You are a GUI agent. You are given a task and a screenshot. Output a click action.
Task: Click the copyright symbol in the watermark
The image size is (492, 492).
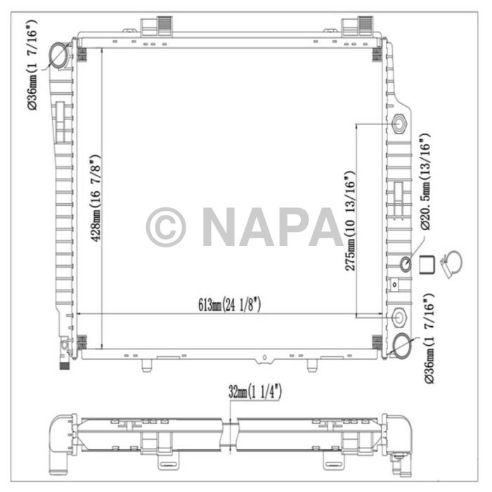coord(166,227)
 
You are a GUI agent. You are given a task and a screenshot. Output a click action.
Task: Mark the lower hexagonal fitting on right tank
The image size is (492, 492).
coord(401,318)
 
